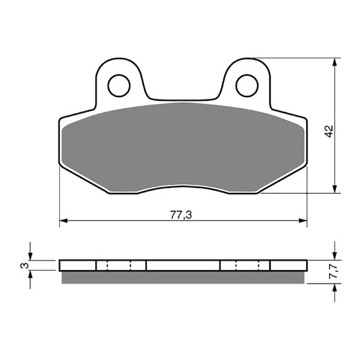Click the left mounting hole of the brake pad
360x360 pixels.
117,84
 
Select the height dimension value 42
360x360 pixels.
328,131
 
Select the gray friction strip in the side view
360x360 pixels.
182,276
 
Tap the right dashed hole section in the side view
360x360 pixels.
246,266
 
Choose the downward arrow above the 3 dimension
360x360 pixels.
30,253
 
